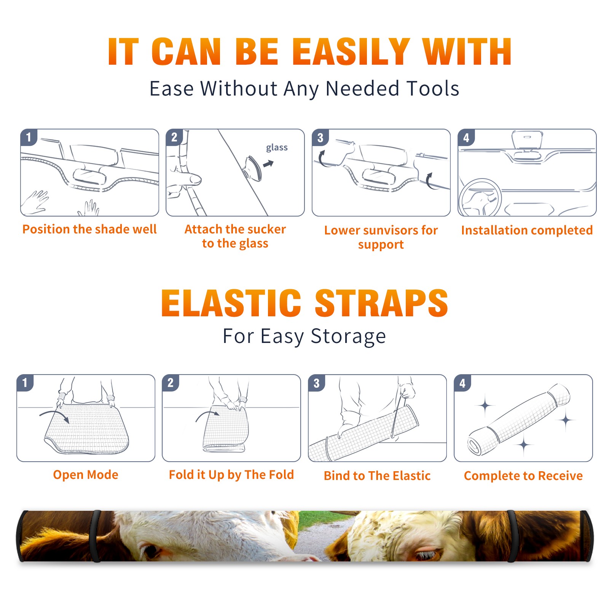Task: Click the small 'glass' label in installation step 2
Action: [277, 147]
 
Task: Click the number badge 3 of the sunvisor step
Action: [320, 137]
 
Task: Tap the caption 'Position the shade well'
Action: [89, 229]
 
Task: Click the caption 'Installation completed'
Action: [527, 230]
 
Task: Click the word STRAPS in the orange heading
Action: [381, 303]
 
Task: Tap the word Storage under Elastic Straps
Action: [348, 336]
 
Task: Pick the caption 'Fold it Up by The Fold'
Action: [231, 475]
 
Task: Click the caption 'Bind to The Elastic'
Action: [377, 475]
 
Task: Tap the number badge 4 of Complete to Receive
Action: [462, 383]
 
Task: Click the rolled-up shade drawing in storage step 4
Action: [518, 419]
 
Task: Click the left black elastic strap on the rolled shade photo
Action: [95, 536]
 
